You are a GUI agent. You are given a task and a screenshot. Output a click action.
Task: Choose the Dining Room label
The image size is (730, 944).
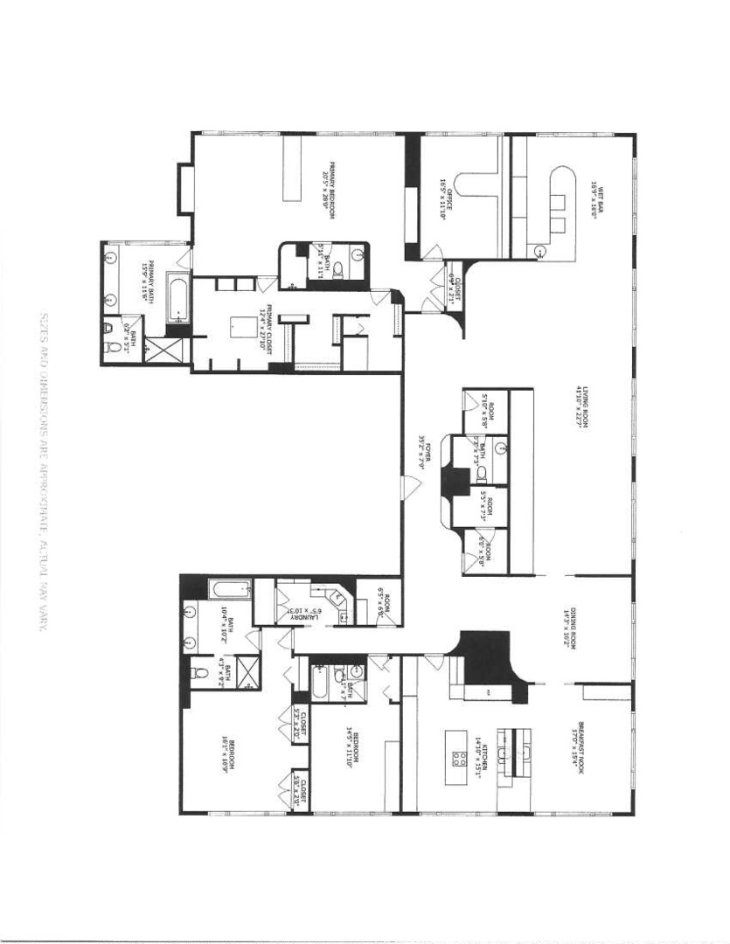(577, 623)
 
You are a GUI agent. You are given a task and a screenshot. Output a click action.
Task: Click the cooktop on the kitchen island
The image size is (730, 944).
(457, 755)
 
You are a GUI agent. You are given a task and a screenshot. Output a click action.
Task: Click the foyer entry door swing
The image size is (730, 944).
(407, 485)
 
